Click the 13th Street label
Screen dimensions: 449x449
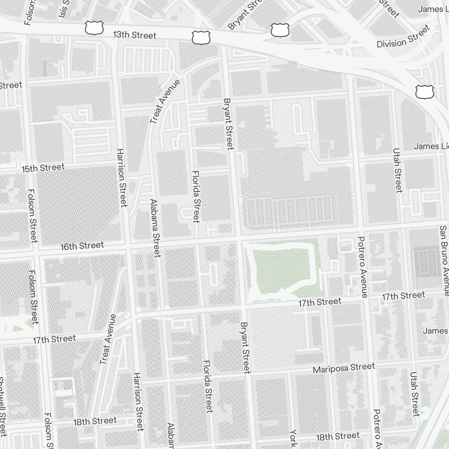coord(134,35)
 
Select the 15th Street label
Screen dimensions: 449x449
coord(43,168)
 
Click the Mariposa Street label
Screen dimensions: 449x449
coord(343,368)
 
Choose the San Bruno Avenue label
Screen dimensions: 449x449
coord(444,260)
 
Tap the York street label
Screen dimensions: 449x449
coord(293,438)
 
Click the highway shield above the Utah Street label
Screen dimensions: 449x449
coord(424,92)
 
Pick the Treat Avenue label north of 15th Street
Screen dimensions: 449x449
coord(165,102)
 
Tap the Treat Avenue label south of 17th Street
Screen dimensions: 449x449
coord(108,339)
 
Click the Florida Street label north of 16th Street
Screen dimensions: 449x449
coord(195,196)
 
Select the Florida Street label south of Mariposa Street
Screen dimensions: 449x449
coord(207,386)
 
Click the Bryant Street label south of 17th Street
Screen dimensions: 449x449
coord(245,348)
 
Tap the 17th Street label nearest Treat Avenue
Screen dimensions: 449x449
coord(54,339)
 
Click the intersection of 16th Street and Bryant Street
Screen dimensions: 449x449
coord(237,237)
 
